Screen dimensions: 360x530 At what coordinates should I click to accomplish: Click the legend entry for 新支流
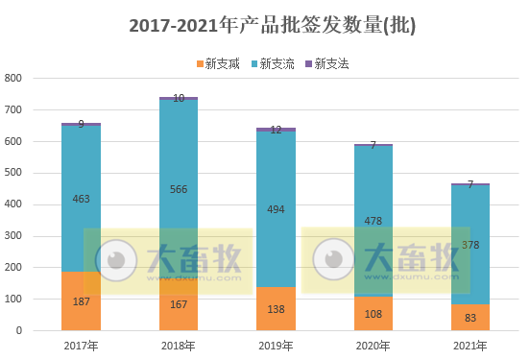click(x=277, y=63)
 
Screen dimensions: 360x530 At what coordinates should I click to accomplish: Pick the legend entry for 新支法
click(x=330, y=63)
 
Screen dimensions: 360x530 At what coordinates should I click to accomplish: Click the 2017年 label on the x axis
click(x=82, y=346)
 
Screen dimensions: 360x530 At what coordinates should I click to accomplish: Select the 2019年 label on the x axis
click(x=277, y=346)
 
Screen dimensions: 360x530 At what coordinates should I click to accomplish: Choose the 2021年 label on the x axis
click(x=470, y=346)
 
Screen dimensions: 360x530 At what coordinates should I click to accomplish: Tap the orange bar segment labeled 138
click(x=277, y=309)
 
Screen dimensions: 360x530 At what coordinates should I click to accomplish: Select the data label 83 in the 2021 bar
click(x=470, y=318)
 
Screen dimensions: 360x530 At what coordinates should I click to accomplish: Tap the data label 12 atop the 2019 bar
click(x=277, y=130)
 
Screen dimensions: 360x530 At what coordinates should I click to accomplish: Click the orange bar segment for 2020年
click(x=373, y=314)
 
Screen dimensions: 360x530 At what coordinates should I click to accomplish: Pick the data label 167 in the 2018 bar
click(x=179, y=304)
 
